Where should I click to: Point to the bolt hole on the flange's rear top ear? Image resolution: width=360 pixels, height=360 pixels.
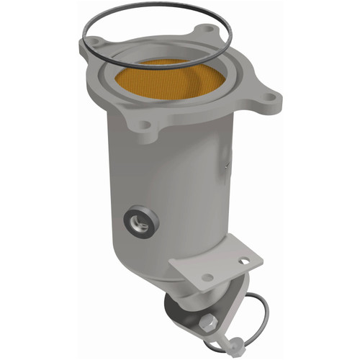tap(209, 30)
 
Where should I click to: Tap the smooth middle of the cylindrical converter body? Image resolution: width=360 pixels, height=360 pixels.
tap(180, 194)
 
